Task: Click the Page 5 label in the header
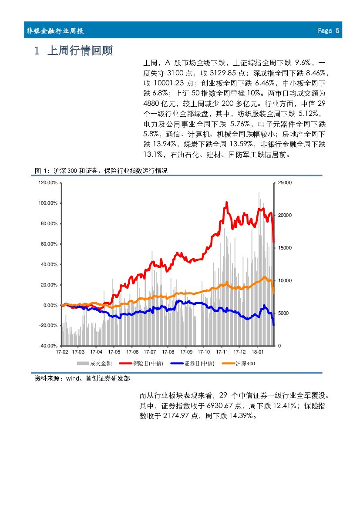pos(328,30)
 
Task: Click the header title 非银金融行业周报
pos(55,31)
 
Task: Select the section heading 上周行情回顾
pos(79,51)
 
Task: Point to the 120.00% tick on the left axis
pos(48,183)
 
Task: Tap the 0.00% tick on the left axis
pos(50,305)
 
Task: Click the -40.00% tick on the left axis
pos(48,346)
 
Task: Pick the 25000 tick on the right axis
pos(285,183)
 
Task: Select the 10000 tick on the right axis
pos(285,281)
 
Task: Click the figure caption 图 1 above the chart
pos(101,171)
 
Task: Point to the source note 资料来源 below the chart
pos(82,379)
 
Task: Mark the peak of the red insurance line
pos(227,202)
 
